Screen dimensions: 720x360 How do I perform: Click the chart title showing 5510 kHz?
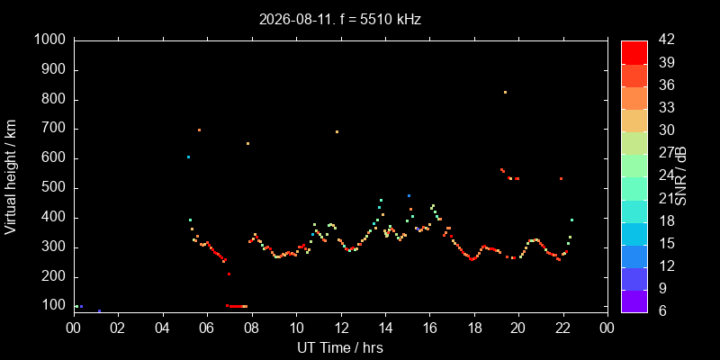(340, 20)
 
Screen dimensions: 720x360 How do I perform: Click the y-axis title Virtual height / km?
(11, 176)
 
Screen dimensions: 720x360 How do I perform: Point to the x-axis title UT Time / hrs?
(340, 348)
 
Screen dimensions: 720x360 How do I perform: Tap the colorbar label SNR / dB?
(680, 176)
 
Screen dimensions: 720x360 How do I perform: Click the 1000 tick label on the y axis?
(51, 40)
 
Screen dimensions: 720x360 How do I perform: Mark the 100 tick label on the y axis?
(57, 306)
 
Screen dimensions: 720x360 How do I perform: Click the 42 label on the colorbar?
(666, 40)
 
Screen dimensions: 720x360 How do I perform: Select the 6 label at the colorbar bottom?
(661, 310)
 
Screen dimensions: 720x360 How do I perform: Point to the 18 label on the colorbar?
(666, 220)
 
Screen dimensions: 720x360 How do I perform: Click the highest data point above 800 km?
(505, 93)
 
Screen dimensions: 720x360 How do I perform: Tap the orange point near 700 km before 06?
(199, 130)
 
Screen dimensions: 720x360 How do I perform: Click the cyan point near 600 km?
(188, 157)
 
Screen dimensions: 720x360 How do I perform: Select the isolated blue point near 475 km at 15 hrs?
(409, 195)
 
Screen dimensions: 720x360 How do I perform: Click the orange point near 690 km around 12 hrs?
(337, 131)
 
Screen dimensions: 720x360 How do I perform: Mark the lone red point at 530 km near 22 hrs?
(561, 178)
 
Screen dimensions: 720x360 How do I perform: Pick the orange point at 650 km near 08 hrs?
(247, 144)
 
